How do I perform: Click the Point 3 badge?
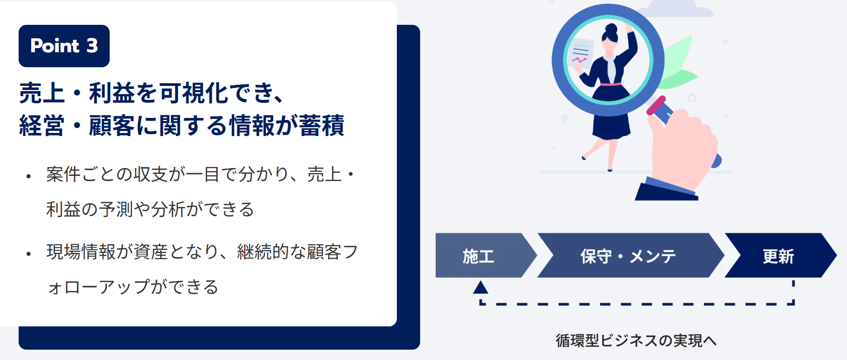pyautogui.click(x=64, y=46)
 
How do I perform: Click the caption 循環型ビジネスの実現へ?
pyautogui.click(x=636, y=341)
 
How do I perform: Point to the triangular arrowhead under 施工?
pyautogui.click(x=480, y=288)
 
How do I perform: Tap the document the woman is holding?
pyautogui.click(x=581, y=53)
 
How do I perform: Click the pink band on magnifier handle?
pyautogui.click(x=656, y=105)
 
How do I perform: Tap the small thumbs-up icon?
pyautogui.click(x=692, y=97)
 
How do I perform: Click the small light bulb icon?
pyautogui.click(x=565, y=117)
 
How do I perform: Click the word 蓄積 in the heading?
pyautogui.click(x=321, y=125)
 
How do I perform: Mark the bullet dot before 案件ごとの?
pyautogui.click(x=28, y=176)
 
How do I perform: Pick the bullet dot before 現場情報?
pyautogui.click(x=28, y=254)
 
